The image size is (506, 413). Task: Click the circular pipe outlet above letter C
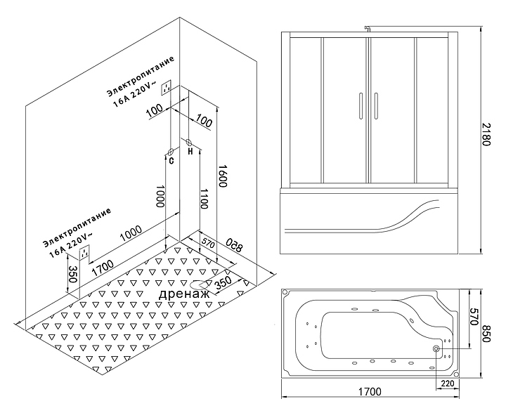pos(171,151)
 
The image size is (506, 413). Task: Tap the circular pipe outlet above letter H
pos(190,143)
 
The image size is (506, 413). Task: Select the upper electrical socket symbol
pos(167,88)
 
